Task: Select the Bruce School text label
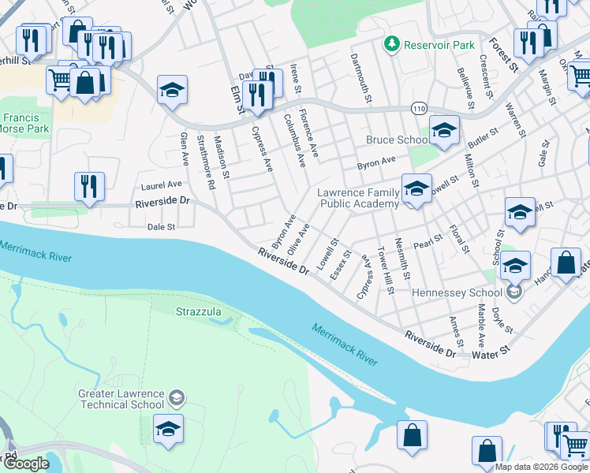(x=397, y=140)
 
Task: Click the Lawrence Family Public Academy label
(x=358, y=198)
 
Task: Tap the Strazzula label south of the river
(x=198, y=312)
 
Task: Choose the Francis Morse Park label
(x=25, y=123)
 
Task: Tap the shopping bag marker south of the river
(x=412, y=435)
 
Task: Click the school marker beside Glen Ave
(x=171, y=91)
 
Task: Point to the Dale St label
(x=161, y=226)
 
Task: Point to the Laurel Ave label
(x=161, y=184)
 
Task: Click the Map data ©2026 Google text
(x=542, y=467)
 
